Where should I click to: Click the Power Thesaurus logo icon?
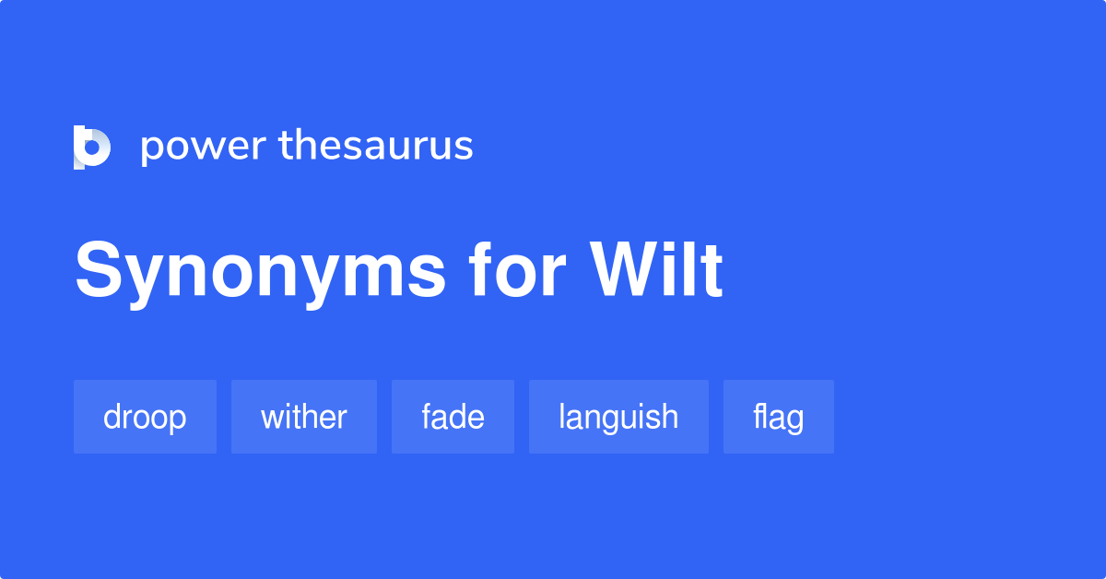click(x=91, y=147)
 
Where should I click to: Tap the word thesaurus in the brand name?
click(x=376, y=147)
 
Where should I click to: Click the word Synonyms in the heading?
click(x=260, y=271)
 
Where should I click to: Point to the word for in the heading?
click(x=517, y=271)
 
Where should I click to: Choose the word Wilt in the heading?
click(x=657, y=271)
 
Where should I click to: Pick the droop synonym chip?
click(x=145, y=417)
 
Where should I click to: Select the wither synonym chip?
click(x=304, y=417)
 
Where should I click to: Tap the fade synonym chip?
click(x=453, y=417)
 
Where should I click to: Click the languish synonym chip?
click(x=618, y=417)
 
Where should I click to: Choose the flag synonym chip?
click(x=779, y=417)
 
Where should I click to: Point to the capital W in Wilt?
click(x=628, y=271)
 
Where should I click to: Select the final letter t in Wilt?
click(x=712, y=271)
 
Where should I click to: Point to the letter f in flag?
click(x=759, y=416)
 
